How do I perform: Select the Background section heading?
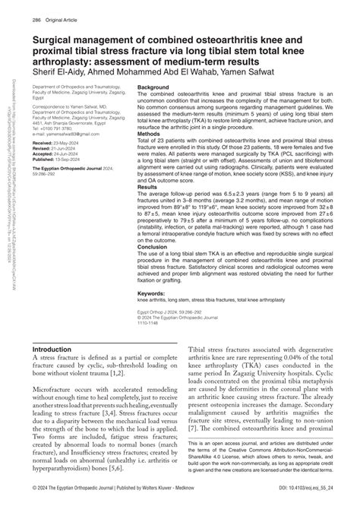pyautogui.click(x=155, y=88)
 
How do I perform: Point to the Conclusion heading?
pyautogui.click(x=154, y=267)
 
